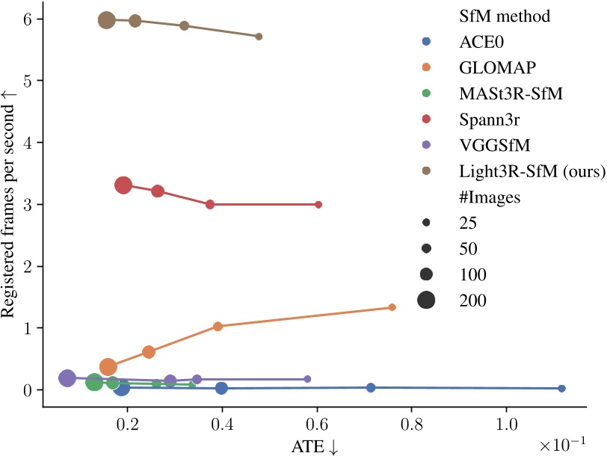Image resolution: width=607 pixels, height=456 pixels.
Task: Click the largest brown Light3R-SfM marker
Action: pyautogui.click(x=107, y=20)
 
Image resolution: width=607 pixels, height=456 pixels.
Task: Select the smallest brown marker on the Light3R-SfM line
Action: pyautogui.click(x=259, y=36)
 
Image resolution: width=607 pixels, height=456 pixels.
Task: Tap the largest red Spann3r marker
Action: pyautogui.click(x=124, y=185)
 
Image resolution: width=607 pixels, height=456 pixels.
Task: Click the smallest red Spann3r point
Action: pyautogui.click(x=318, y=204)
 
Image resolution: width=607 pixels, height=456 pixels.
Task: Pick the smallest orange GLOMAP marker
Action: pyautogui.click(x=392, y=307)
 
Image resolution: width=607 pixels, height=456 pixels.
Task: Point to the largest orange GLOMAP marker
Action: pyautogui.click(x=108, y=367)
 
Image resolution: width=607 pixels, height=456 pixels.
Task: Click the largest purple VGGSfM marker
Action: pyautogui.click(x=67, y=378)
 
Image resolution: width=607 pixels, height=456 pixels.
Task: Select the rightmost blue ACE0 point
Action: pyautogui.click(x=562, y=388)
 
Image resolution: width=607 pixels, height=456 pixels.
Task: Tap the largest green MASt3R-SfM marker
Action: pyautogui.click(x=94, y=382)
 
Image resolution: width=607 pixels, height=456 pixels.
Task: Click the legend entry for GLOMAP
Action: pyautogui.click(x=486, y=67)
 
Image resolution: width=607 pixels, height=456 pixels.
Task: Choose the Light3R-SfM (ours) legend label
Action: pyautogui.click(x=531, y=171)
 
